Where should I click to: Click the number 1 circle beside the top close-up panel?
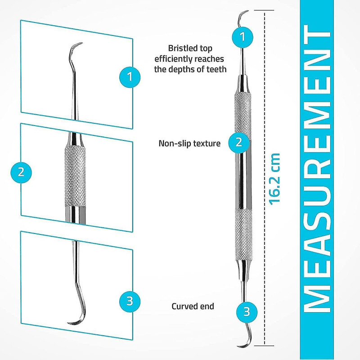(130, 76)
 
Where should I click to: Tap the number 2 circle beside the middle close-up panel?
(21, 171)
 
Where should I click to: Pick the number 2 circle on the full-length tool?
(239, 142)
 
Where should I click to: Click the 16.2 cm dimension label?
(274, 178)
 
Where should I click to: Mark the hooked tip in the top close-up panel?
(76, 47)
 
